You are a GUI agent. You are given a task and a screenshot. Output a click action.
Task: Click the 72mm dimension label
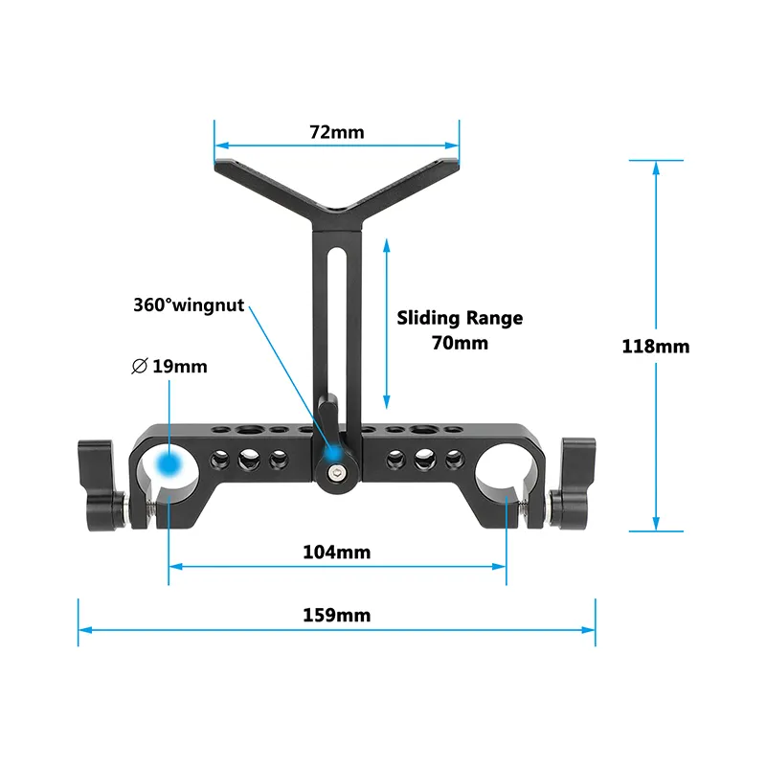coord(336,132)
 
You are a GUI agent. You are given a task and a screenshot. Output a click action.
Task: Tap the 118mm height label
coord(656,346)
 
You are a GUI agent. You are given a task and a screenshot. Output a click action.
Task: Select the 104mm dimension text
coord(336,552)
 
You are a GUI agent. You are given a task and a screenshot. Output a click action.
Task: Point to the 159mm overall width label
coord(336,615)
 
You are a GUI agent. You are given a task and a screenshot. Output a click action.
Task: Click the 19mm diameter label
coord(179,366)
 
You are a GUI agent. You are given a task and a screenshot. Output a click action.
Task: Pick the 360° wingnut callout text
coord(189,306)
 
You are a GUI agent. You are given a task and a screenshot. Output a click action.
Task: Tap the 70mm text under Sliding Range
coord(460,342)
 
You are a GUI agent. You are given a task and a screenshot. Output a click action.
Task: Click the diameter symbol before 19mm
coord(140,366)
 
